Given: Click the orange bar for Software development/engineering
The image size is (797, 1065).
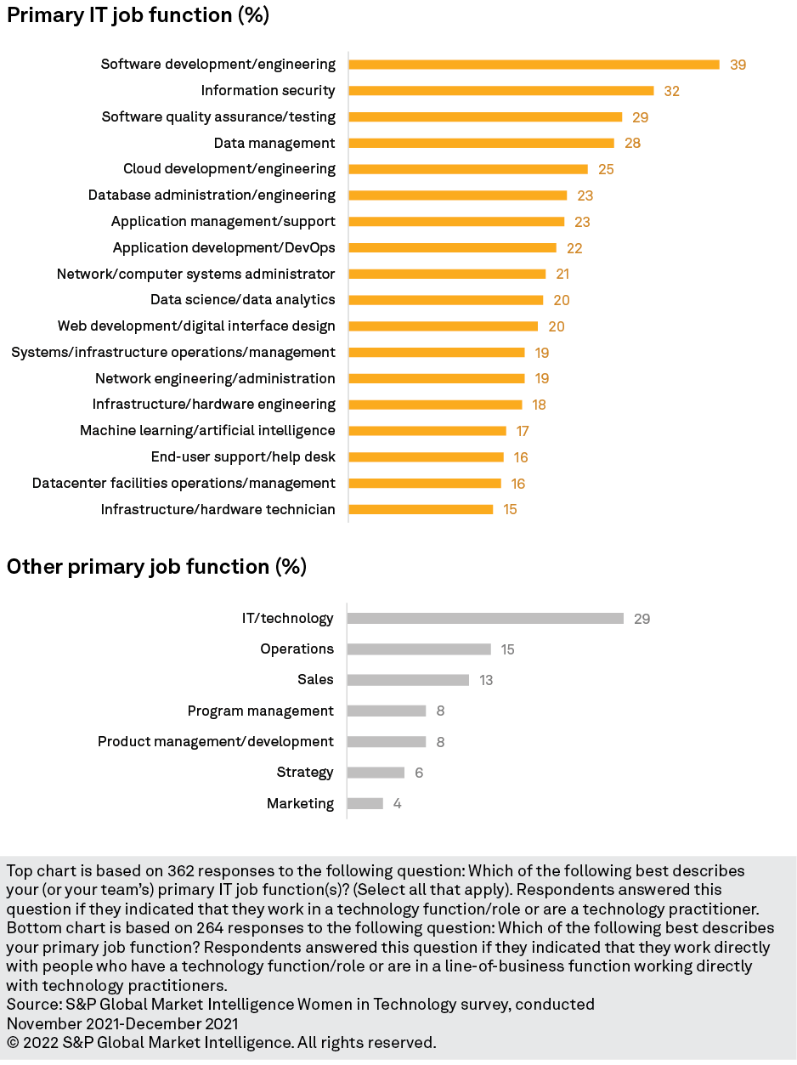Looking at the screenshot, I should pos(534,65).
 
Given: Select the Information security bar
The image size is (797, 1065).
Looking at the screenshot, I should pos(501,91).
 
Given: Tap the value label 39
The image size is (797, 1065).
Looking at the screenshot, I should pos(738,65).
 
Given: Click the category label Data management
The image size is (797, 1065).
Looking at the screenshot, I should pos(274,143).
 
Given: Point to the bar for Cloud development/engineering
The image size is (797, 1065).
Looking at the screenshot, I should pos(468,169).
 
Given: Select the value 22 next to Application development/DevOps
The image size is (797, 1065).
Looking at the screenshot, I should pos(574,248).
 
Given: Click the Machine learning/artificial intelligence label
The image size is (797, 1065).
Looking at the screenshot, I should pos(207,431).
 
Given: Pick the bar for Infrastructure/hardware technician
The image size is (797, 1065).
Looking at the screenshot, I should pos(421,509).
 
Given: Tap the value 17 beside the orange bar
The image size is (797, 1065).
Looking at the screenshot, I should pos(523,431).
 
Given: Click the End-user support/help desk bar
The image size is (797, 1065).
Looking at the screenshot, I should pos(426,457).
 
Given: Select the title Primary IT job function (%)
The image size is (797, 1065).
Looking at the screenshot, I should pos(138,15).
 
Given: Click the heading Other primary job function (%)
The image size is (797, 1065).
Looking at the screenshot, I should pos(156,567).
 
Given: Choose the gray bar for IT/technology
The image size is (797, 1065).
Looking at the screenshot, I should pos(485,619).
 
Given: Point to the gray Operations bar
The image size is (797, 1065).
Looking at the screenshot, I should pos(419,649).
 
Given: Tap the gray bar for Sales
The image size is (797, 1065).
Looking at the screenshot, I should pos(408,680).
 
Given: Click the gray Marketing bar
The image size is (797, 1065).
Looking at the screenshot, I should pos(365,803).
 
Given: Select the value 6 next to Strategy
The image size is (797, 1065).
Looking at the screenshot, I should pos(419,773).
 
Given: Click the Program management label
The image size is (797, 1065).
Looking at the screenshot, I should pos(261,711).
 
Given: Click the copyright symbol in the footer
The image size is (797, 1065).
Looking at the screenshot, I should pos(13,1042).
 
